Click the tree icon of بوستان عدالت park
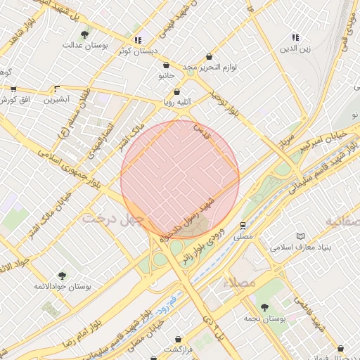click(85, 34)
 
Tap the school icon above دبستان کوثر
click(139, 40)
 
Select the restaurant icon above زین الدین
click(295, 37)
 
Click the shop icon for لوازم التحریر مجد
click(209, 56)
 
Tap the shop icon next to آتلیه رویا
click(176, 91)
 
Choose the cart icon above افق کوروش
click(13, 89)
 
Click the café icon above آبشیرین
click(57, 89)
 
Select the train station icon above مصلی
click(243, 226)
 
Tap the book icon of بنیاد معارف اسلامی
click(302, 236)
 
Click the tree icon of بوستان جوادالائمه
click(62, 276)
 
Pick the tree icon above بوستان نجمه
click(264, 307)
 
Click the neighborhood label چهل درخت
click(112, 218)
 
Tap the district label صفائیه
click(342, 221)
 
